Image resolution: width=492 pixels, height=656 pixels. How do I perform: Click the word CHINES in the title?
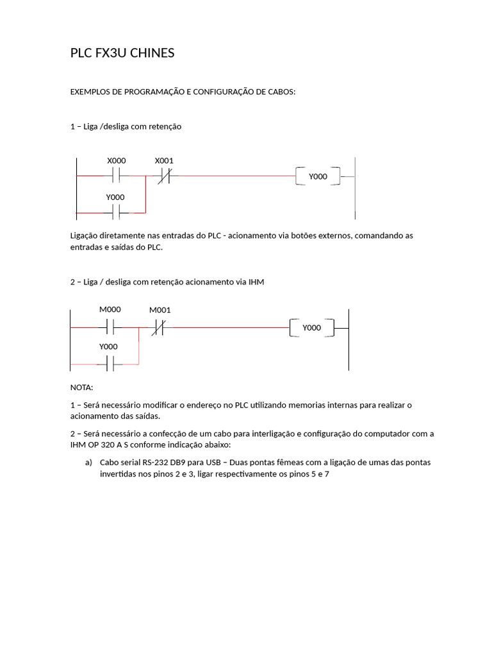pyautogui.click(x=152, y=53)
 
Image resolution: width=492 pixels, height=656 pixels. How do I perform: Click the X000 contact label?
pyautogui.click(x=116, y=161)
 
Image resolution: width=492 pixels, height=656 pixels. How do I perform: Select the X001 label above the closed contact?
pyautogui.click(x=164, y=161)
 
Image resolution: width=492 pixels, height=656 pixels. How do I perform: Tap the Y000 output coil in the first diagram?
pyautogui.click(x=318, y=176)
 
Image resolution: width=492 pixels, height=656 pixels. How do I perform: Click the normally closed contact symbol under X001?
pyautogui.click(x=164, y=176)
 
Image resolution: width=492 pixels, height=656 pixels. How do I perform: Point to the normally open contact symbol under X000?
pyautogui.click(x=116, y=176)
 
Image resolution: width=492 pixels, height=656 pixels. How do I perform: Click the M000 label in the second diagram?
pyautogui.click(x=110, y=309)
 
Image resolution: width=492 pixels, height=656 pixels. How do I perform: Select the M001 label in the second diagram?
pyautogui.click(x=160, y=311)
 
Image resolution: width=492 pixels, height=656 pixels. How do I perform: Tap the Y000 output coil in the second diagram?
pyautogui.click(x=311, y=328)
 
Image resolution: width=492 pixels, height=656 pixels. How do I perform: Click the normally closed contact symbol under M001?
pyautogui.click(x=158, y=329)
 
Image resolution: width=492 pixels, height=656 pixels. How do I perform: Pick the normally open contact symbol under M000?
pyautogui.click(x=110, y=328)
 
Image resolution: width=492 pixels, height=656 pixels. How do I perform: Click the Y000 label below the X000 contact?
pyautogui.click(x=115, y=197)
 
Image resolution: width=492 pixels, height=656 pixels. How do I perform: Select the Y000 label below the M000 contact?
pyautogui.click(x=108, y=347)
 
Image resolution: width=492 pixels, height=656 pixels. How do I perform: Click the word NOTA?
pyautogui.click(x=81, y=388)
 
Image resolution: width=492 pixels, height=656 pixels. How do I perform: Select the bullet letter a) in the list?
pyautogui.click(x=88, y=463)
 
